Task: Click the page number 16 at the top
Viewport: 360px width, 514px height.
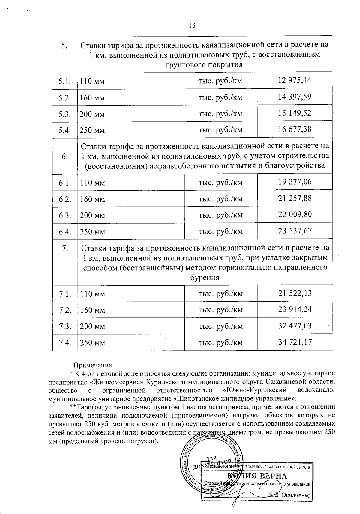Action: point(192,26)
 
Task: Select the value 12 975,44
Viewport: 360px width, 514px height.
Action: point(295,80)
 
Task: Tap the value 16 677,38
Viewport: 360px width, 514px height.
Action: point(295,129)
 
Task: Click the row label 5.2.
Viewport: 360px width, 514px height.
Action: point(64,97)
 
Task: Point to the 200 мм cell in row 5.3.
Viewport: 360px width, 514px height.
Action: point(92,114)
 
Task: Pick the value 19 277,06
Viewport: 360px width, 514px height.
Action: point(295,182)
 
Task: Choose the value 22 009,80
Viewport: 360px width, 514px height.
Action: point(295,214)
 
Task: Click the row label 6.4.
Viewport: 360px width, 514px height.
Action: point(65,231)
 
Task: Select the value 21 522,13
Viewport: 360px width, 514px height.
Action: point(295,293)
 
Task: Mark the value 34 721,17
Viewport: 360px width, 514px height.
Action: point(295,342)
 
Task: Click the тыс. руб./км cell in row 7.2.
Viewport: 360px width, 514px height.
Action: point(221,310)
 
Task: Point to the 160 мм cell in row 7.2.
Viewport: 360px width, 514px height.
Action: point(92,310)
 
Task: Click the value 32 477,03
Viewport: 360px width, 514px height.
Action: point(295,325)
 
